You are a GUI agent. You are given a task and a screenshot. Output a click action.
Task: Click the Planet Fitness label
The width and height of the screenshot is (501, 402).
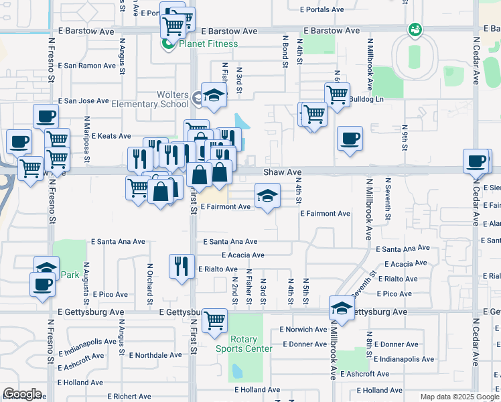pyautogui.click(x=208, y=44)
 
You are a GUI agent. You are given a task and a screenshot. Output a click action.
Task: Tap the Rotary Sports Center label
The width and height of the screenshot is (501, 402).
pyautogui.click(x=244, y=344)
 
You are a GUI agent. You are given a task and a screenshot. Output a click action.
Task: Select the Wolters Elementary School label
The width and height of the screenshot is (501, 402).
pyautogui.click(x=163, y=99)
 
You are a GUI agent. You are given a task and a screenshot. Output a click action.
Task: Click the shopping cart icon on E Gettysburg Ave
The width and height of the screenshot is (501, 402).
pyautogui.click(x=214, y=321)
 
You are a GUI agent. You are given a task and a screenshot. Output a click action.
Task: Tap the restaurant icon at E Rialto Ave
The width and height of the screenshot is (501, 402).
pyautogui.click(x=181, y=266)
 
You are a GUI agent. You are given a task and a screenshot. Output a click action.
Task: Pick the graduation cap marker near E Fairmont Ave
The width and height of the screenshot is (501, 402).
pyautogui.click(x=267, y=196)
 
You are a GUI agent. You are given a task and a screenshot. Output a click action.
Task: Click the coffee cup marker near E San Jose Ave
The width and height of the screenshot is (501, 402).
pyautogui.click(x=46, y=117)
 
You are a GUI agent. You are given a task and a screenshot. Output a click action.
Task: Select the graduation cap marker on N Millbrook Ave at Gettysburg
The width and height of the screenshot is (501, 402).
pyautogui.click(x=342, y=308)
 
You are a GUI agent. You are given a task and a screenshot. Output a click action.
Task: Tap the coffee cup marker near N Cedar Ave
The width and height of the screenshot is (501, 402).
pyautogui.click(x=476, y=161)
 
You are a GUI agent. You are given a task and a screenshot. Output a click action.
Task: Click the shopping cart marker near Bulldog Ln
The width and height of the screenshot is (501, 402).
pyautogui.click(x=336, y=94)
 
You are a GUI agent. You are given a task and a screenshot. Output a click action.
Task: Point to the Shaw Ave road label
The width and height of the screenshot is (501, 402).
pyautogui.click(x=282, y=172)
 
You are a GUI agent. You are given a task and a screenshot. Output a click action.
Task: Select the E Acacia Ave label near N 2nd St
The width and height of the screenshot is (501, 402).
pyautogui.click(x=242, y=255)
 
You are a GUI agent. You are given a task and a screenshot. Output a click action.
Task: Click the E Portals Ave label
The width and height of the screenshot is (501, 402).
pyautogui.click(x=321, y=9)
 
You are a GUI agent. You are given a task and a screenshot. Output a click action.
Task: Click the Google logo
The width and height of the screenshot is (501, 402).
pyautogui.click(x=22, y=394)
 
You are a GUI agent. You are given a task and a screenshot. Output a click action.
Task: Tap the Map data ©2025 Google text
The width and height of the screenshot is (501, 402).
pyautogui.click(x=459, y=397)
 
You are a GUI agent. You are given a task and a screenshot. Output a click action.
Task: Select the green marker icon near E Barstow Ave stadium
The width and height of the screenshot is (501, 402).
pyautogui.click(x=415, y=29)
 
